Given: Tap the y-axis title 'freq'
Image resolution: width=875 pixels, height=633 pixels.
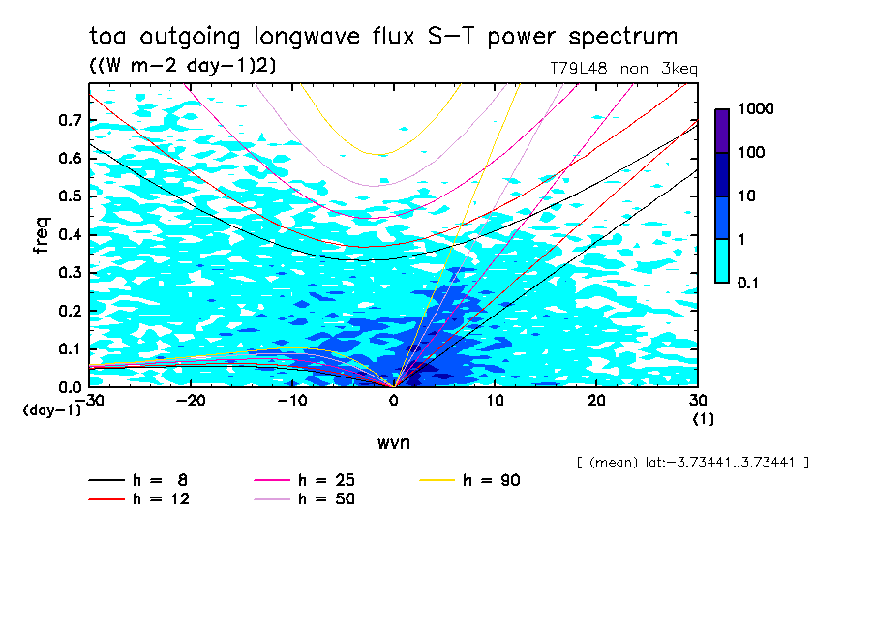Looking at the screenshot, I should click(x=42, y=235).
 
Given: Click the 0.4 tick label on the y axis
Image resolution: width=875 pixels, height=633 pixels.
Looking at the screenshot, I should click(x=70, y=234).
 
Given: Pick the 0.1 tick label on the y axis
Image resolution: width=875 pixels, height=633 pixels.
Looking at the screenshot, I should click(x=70, y=348).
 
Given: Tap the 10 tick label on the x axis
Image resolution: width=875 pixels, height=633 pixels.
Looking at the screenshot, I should click(x=495, y=401).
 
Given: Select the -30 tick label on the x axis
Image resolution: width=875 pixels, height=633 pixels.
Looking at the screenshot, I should click(x=89, y=401).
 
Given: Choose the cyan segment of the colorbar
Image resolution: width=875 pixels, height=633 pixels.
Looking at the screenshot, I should click(x=722, y=260).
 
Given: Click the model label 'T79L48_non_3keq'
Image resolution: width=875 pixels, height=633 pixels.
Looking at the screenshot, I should click(x=622, y=69).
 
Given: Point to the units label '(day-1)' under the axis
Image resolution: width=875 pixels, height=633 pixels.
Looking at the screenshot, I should click(x=50, y=410).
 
